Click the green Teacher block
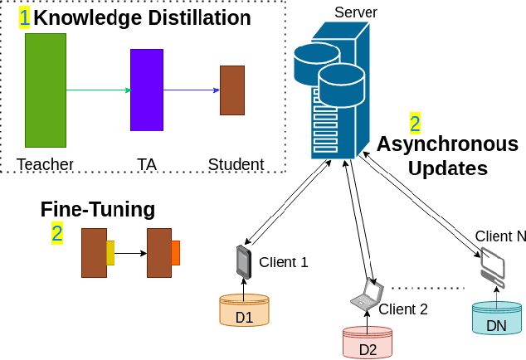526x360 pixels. [45, 90]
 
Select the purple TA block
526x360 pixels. [146, 90]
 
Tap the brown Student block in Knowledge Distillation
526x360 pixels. [231, 90]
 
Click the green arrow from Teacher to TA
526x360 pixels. [97, 90]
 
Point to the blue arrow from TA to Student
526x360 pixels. [191, 90]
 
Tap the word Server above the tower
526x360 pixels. [355, 12]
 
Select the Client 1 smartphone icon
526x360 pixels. [243, 262]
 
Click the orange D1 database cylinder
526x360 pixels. [244, 311]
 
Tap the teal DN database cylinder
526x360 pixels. [496, 319]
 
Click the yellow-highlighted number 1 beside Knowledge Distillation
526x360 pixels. [24, 17]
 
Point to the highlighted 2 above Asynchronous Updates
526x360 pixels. [415, 124]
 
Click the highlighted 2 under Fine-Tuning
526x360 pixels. [56, 233]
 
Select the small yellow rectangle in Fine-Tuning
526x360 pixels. [110, 252]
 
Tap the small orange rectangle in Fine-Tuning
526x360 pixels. [175, 252]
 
